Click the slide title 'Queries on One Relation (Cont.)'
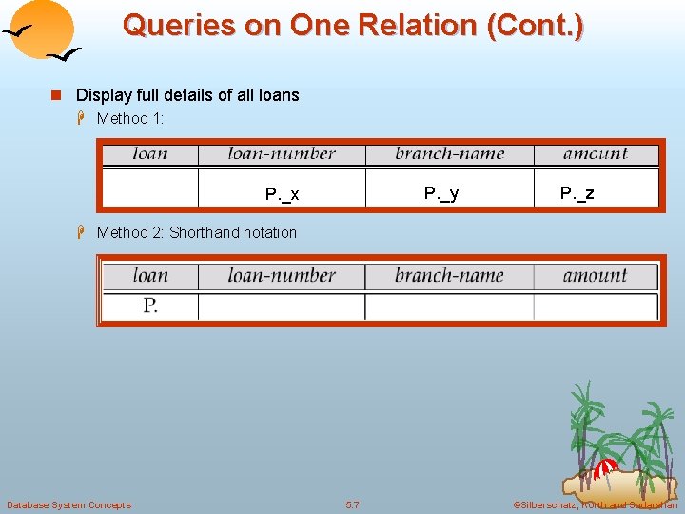[353, 25]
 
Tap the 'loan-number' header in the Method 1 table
[282, 153]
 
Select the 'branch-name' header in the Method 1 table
[449, 153]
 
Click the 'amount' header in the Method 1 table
[596, 153]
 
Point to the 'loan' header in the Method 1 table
[150, 153]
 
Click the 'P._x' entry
[282, 194]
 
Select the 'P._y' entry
[441, 193]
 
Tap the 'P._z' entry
[577, 193]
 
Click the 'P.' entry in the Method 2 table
[150, 306]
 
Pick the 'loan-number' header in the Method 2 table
[282, 276]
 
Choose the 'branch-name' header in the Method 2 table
[449, 276]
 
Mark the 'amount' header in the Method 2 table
[596, 276]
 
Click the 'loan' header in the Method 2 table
[150, 276]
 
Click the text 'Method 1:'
[130, 118]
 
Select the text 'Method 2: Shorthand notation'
[197, 232]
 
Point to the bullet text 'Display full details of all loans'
[187, 95]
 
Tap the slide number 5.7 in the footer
[352, 504]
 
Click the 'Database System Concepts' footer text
[68, 504]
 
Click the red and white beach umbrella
[605, 468]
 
